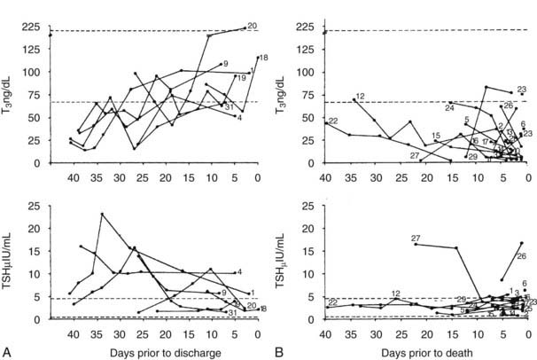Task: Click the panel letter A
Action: pyautogui.click(x=7, y=352)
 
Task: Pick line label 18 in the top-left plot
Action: pyautogui.click(x=263, y=58)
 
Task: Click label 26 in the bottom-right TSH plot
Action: pyautogui.click(x=521, y=256)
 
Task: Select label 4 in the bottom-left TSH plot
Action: pyautogui.click(x=240, y=271)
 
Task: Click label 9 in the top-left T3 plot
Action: pyautogui.click(x=226, y=64)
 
